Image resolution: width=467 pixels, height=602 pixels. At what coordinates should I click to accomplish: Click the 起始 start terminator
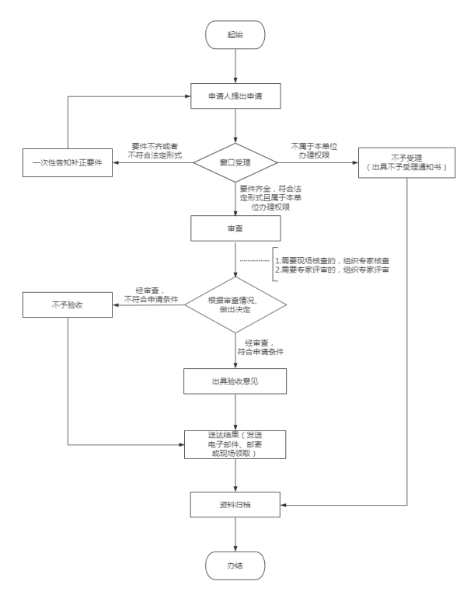(234, 36)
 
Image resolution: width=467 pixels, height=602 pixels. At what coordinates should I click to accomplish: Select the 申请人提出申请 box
(234, 97)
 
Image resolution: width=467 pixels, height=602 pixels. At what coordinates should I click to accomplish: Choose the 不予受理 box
(406, 163)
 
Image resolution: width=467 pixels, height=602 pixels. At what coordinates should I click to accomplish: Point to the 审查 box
(234, 229)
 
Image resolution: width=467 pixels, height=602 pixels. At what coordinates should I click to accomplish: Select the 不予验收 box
(68, 304)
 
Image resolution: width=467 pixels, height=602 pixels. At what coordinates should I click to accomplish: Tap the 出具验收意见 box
(234, 381)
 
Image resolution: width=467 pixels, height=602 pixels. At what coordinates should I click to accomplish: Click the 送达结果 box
(234, 444)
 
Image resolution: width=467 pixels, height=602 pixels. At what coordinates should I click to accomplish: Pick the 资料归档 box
(234, 504)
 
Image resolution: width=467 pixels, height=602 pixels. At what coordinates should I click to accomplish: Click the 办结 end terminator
(234, 564)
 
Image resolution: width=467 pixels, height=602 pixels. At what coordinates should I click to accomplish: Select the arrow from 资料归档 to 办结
(234, 534)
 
